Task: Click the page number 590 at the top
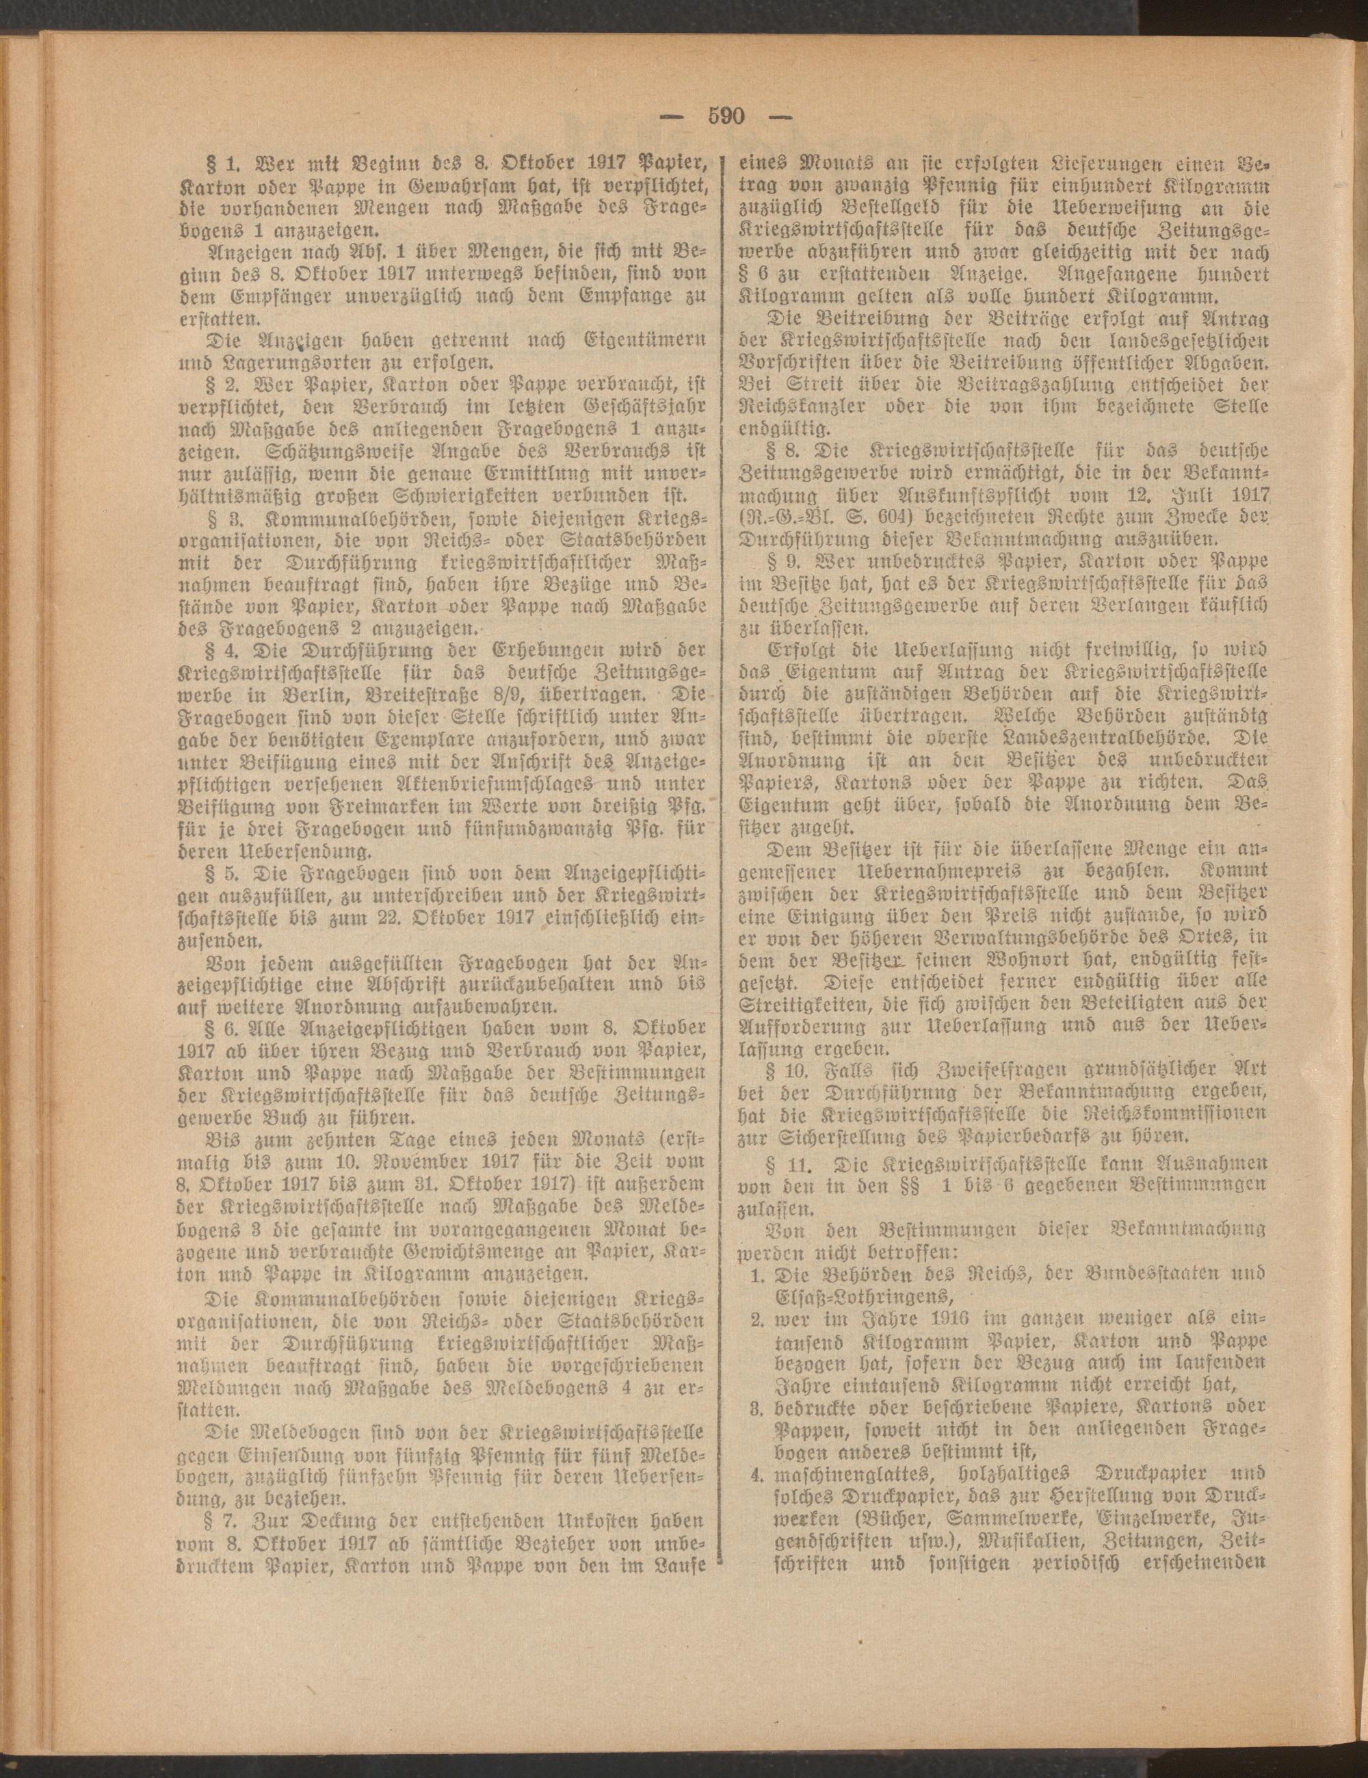pyautogui.click(x=726, y=116)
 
